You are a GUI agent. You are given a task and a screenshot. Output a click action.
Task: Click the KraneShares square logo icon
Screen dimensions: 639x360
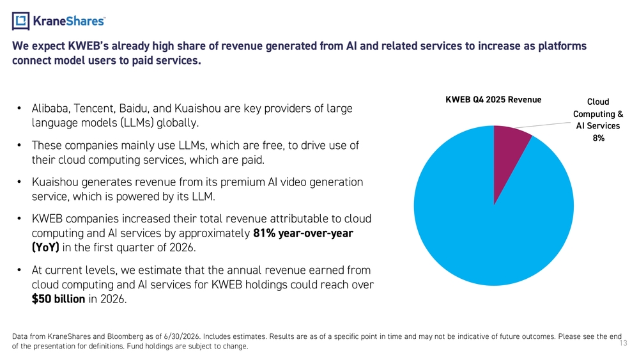pyautogui.click(x=20, y=21)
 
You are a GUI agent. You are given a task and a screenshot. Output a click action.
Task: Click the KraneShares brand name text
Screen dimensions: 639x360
pyautogui.click(x=68, y=21)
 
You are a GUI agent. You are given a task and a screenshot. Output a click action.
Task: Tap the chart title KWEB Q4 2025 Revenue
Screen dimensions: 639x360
pyautogui.click(x=493, y=100)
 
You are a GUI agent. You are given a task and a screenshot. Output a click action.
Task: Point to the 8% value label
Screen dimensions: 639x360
pyautogui.click(x=598, y=138)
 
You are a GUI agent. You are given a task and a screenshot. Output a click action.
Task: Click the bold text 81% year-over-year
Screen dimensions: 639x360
pyautogui.click(x=303, y=233)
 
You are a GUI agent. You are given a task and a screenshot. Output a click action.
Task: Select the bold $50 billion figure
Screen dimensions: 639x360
pyautogui.click(x=59, y=299)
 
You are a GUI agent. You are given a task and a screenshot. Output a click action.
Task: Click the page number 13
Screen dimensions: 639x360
pyautogui.click(x=624, y=343)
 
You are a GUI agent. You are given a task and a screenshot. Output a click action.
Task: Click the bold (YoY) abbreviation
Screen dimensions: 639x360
pyautogui.click(x=45, y=247)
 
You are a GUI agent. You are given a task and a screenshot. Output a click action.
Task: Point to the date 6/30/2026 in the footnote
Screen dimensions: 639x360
pyautogui.click(x=181, y=337)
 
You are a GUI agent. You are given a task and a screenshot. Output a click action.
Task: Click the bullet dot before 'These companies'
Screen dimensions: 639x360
pyautogui.click(x=19, y=145)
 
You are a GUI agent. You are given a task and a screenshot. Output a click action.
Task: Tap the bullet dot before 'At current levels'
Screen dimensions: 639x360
pyautogui.click(x=19, y=270)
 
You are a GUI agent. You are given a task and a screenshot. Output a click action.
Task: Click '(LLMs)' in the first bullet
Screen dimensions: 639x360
pyautogui.click(x=137, y=123)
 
